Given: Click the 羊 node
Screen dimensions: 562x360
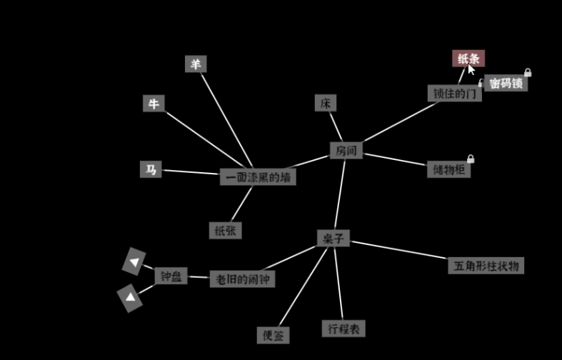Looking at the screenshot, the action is [x=196, y=64].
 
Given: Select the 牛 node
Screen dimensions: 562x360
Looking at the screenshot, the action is [x=154, y=104].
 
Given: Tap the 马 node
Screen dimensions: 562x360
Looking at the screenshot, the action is [x=151, y=169].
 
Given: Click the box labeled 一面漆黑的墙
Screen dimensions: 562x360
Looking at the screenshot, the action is [x=258, y=176].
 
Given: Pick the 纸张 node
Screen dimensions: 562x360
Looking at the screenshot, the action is [x=226, y=230].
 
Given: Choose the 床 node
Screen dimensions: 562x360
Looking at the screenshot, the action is [x=326, y=103].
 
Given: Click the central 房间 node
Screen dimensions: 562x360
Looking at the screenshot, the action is [x=346, y=150].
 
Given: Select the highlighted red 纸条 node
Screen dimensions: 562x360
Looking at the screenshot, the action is [x=468, y=59].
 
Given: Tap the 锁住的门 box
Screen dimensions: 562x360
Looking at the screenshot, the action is [x=454, y=94].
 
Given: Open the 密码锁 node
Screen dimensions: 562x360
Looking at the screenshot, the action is [x=506, y=83].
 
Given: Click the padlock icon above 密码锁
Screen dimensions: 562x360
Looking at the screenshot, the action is [x=528, y=72].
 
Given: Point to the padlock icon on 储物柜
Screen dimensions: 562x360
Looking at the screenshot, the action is [x=471, y=159].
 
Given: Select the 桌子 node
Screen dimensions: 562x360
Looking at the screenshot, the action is [x=333, y=238].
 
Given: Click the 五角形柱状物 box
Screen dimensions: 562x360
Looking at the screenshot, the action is [x=486, y=266].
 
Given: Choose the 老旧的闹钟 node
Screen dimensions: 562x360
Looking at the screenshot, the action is [x=242, y=279].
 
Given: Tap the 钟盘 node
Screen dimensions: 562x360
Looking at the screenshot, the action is [x=171, y=276].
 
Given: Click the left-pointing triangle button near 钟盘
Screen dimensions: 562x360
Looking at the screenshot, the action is [x=134, y=261].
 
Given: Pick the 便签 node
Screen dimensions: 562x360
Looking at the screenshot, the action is [x=273, y=335].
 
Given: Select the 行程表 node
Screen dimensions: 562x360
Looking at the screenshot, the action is [x=343, y=329].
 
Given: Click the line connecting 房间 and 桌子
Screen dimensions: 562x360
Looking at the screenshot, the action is [x=340, y=194].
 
